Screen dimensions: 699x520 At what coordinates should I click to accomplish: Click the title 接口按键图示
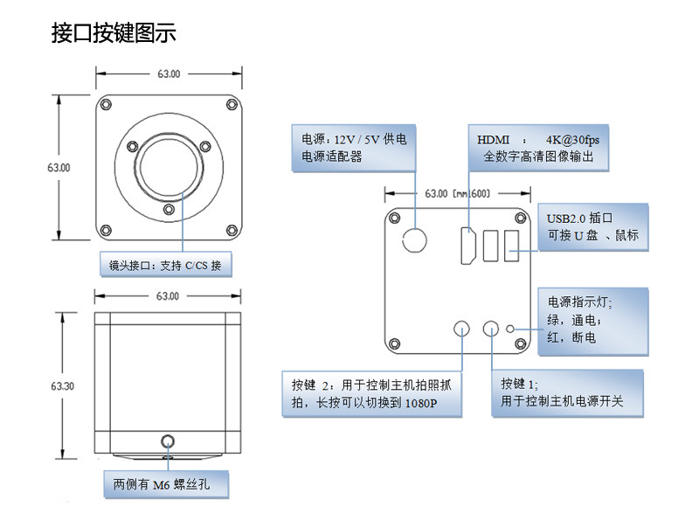point(114,33)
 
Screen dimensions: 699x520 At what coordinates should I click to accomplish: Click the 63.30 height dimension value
point(62,385)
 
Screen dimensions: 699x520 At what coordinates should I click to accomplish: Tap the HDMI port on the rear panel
point(467,246)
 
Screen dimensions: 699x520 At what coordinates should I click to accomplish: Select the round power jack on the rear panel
point(414,240)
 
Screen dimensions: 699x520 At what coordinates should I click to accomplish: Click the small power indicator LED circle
point(510,329)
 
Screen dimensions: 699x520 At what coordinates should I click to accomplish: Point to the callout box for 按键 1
point(567,393)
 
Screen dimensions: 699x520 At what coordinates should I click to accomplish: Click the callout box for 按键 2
point(372,394)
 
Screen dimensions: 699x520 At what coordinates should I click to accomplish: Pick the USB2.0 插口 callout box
point(593,227)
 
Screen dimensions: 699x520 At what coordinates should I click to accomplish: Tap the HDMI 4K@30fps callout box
point(538,148)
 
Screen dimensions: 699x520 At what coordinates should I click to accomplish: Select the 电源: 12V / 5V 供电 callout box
point(354,148)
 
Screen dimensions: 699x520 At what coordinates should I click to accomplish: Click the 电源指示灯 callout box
point(593,322)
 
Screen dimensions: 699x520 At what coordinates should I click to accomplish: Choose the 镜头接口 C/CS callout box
point(166,265)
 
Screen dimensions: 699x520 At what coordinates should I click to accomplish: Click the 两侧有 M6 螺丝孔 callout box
point(166,484)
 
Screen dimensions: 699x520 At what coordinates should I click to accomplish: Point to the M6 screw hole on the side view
point(168,441)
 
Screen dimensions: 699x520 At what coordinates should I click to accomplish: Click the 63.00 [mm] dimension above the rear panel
point(457,193)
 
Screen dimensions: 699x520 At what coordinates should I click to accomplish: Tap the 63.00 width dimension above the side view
point(168,296)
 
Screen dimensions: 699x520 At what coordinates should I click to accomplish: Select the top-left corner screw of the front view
point(106,105)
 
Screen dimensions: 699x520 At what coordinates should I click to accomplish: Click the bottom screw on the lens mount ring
point(169,209)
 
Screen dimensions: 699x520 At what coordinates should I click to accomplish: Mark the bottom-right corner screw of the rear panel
point(520,343)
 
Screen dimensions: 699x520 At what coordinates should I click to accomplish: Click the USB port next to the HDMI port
point(490,246)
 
